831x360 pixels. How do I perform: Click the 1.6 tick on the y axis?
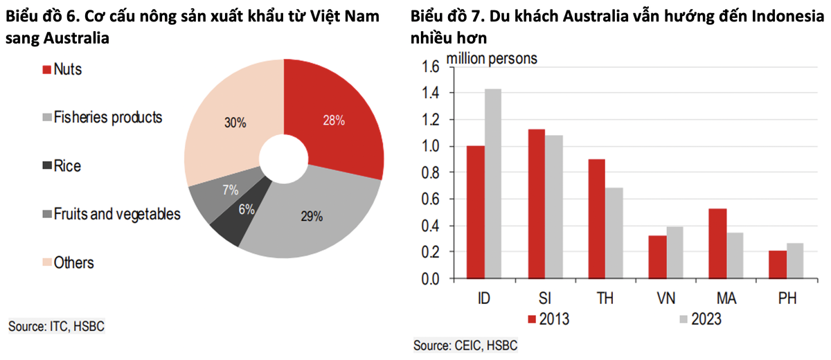pyautogui.click(x=429, y=67)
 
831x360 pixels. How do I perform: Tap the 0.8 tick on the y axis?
pyautogui.click(x=429, y=173)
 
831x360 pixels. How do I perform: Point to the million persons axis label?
pyautogui.click(x=491, y=58)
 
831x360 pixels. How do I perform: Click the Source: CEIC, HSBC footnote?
pyautogui.click(x=465, y=345)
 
